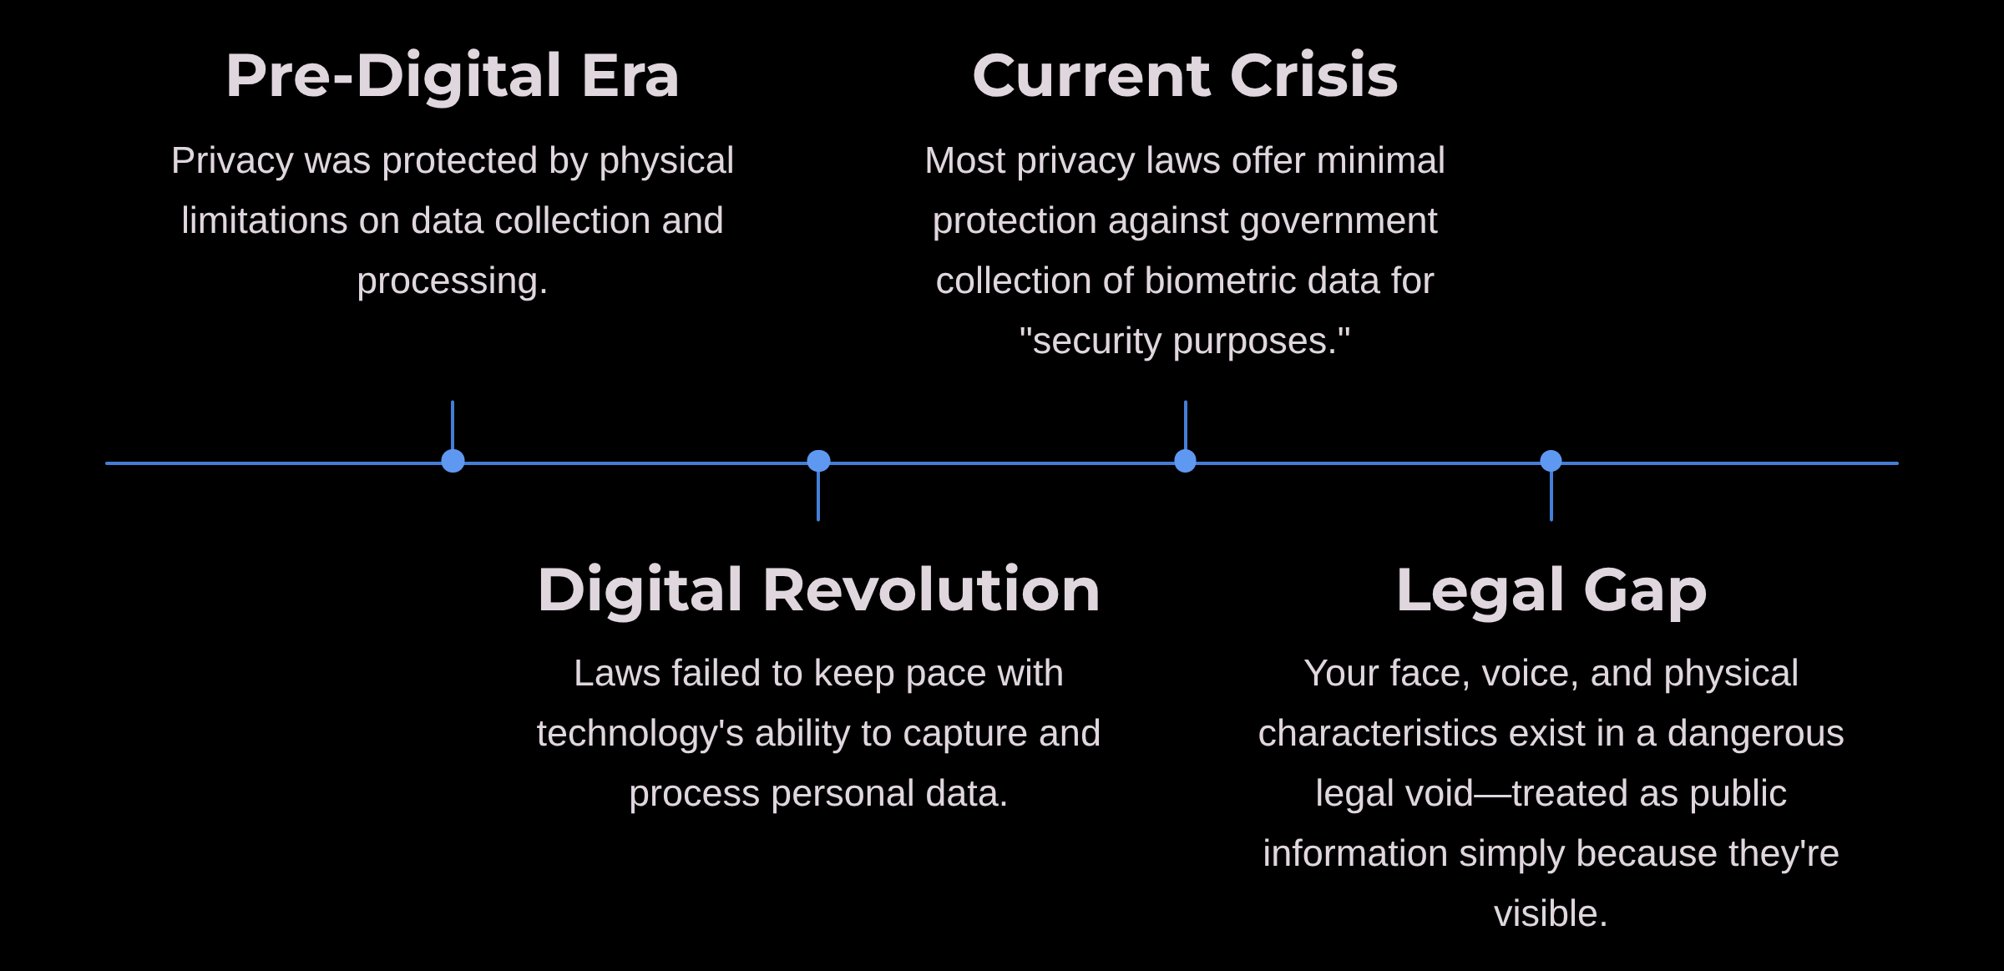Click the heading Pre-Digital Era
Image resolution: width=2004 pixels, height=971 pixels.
click(453, 76)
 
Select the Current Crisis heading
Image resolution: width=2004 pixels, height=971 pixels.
click(1185, 76)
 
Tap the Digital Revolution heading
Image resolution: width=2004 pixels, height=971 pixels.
click(818, 590)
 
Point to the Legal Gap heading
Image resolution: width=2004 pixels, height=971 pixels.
click(1551, 590)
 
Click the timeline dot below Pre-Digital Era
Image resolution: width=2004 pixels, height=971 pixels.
click(453, 461)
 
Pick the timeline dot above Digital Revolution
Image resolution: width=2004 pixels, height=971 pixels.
click(818, 461)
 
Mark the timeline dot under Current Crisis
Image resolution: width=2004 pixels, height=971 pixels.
click(1185, 461)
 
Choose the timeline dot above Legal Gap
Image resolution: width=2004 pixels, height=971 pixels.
click(1551, 461)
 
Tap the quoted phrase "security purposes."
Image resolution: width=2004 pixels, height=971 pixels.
click(1185, 341)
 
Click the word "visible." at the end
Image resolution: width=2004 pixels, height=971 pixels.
click(1551, 913)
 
